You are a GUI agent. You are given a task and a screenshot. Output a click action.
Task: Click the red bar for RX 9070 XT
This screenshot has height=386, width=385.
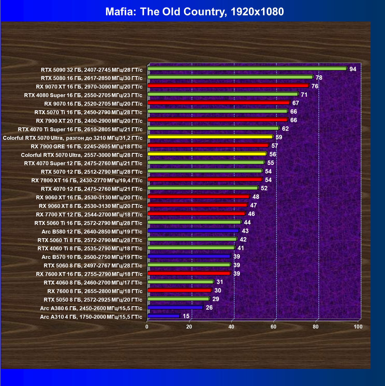point(228,86)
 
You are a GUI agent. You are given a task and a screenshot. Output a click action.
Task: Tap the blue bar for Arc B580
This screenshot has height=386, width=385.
point(193,230)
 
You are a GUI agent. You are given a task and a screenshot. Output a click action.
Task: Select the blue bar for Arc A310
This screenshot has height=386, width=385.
point(164,316)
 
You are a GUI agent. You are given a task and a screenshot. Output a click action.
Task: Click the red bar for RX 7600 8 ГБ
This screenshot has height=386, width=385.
point(180,290)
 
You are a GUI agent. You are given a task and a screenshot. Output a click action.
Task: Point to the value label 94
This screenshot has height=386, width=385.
point(353,69)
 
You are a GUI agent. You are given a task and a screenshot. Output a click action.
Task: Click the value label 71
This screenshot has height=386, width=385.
point(304,95)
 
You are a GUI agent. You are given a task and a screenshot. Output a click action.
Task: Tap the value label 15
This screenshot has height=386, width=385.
point(186,316)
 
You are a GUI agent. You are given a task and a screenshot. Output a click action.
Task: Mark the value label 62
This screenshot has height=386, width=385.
point(285,129)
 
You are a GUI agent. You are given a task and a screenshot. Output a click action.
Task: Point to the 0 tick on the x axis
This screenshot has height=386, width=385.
point(147,327)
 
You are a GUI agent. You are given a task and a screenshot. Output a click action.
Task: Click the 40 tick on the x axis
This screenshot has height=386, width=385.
point(231,327)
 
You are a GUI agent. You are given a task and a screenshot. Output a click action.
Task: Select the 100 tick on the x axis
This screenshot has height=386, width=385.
point(358,327)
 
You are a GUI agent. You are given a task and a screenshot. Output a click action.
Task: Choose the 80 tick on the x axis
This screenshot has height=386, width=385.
point(316,327)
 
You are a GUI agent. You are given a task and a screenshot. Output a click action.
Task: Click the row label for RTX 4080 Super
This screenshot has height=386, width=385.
point(83,95)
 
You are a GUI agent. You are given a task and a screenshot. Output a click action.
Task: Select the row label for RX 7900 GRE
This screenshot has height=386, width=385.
point(86,147)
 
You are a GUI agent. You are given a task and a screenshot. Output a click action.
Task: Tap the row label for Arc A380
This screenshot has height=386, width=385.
point(91,308)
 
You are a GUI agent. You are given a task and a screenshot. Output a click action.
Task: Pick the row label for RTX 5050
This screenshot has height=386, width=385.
point(93,300)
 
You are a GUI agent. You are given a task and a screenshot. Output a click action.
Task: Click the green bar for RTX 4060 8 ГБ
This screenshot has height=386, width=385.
point(180,282)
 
